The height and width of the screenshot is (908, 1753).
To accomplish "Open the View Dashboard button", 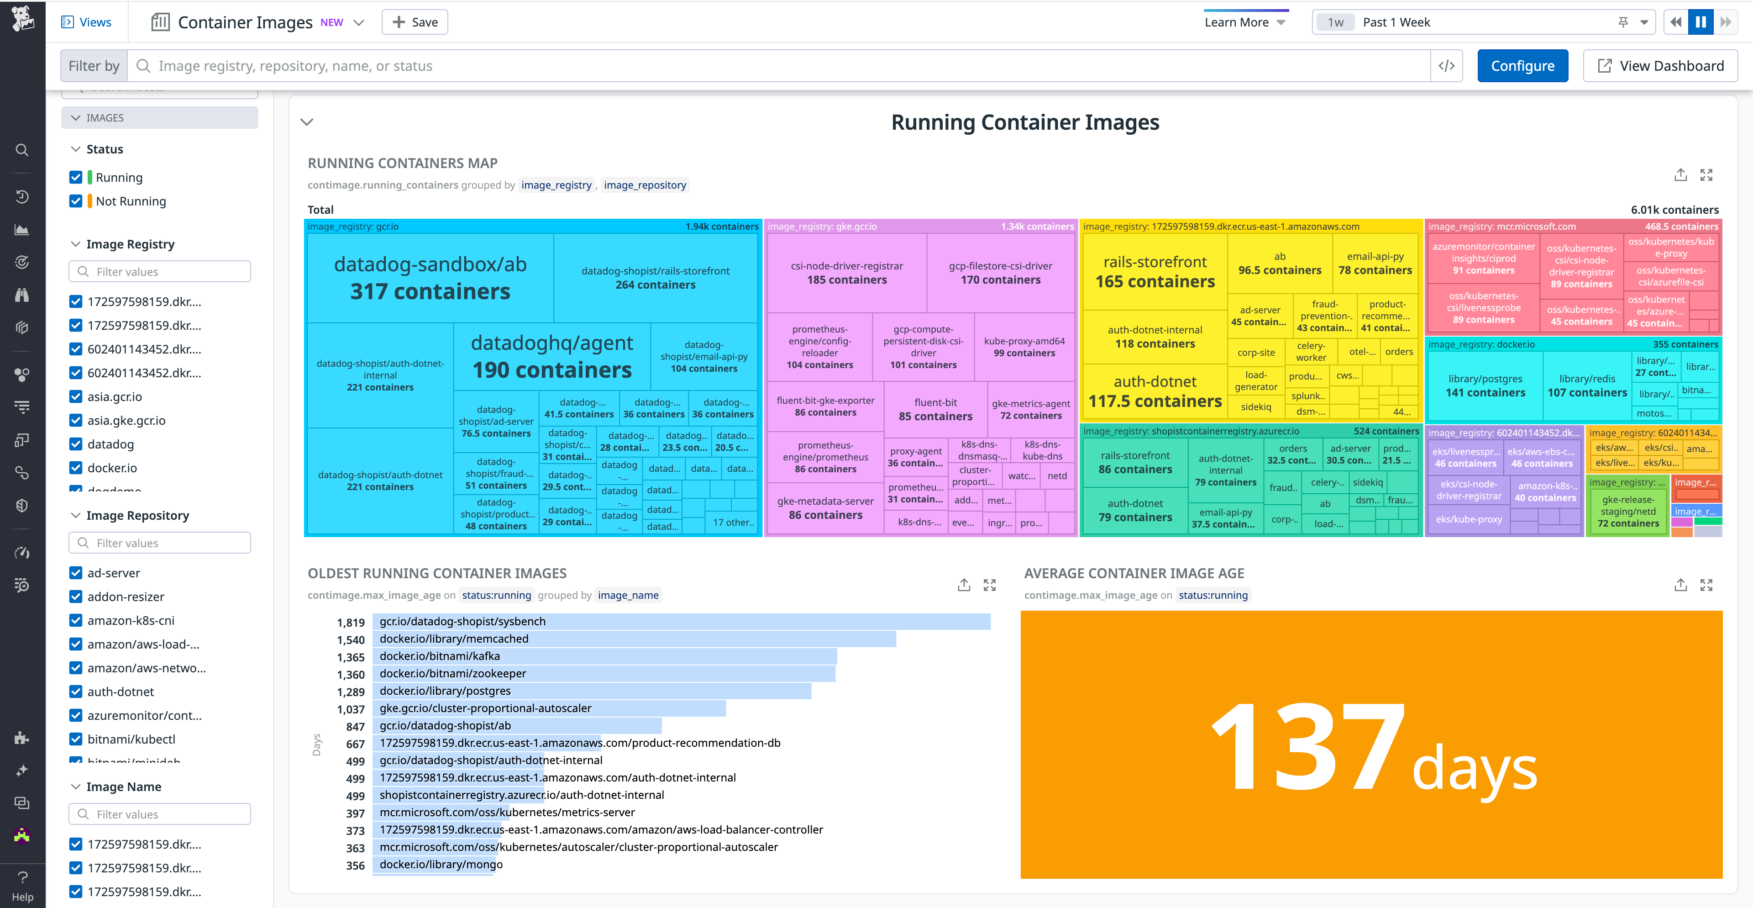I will pyautogui.click(x=1660, y=66).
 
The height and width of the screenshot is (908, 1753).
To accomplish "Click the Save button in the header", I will pyautogui.click(x=415, y=22).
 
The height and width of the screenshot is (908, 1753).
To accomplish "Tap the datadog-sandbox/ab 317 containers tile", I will pyautogui.click(x=430, y=278).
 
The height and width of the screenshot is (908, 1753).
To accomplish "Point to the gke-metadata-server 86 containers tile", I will pyautogui.click(x=825, y=508).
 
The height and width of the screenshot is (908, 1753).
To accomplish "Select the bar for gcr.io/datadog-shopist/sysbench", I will pyautogui.click(x=681, y=622).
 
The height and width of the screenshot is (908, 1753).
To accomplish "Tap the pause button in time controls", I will pyautogui.click(x=1700, y=22).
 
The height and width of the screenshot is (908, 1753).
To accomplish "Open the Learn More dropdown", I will pyautogui.click(x=1244, y=22).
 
